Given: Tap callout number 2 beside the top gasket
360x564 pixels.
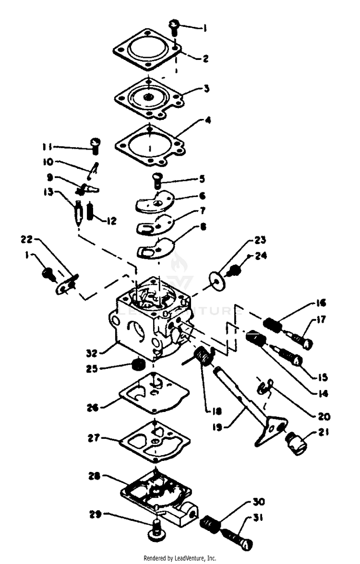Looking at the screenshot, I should click(x=205, y=59).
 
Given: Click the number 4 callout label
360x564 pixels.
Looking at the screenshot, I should click(x=208, y=120).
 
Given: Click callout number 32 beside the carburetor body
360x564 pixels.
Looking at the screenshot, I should click(x=92, y=352).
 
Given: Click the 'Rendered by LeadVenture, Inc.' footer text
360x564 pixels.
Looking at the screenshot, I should click(x=180, y=558).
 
